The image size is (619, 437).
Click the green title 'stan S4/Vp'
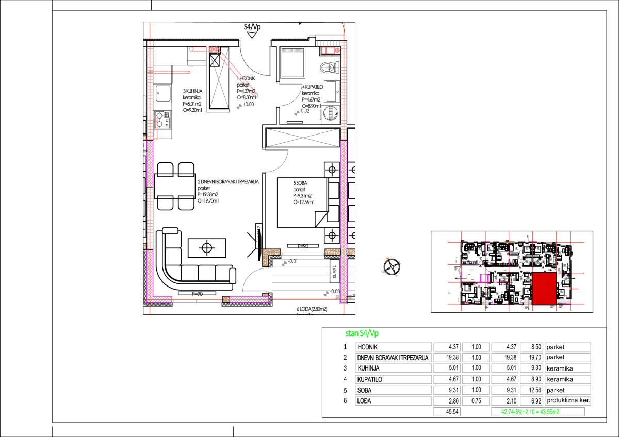[362, 333]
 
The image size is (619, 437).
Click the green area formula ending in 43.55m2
[530, 412]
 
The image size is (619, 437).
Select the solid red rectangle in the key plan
[544, 288]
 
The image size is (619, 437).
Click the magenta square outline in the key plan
[484, 278]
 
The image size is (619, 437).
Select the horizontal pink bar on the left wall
[170, 72]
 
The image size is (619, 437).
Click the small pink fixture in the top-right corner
[330, 51]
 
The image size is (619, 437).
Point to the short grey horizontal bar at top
[292, 50]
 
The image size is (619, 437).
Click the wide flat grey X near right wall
[303, 138]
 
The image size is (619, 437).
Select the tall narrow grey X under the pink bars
[219, 80]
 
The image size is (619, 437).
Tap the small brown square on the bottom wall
[226, 299]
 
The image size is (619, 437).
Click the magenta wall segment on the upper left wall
[150, 163]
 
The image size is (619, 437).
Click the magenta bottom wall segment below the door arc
[249, 299]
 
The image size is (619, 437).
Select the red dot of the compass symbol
[388, 258]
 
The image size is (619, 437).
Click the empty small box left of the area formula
[447, 412]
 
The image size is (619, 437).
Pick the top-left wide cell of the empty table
[394, 347]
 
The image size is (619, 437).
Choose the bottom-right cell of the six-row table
[567, 401]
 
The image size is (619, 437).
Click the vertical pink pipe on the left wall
[155, 129]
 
